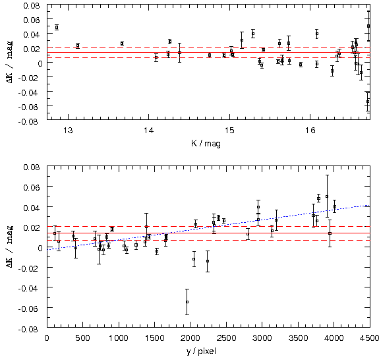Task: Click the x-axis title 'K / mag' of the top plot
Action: pyautogui.click(x=206, y=144)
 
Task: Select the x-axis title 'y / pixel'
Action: pyautogui.click(x=201, y=351)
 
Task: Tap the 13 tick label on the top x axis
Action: pyautogui.click(x=68, y=131)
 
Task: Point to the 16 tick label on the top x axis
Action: pyautogui.click(x=310, y=131)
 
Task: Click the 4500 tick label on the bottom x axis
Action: pyautogui.click(x=369, y=338)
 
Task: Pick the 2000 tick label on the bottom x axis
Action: pyautogui.click(x=190, y=338)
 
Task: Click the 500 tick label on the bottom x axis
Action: pyautogui.click(x=82, y=338)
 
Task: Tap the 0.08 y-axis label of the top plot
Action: pyautogui.click(x=32, y=5)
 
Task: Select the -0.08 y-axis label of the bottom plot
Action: pyautogui.click(x=28, y=329)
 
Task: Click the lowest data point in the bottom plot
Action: pyautogui.click(x=187, y=302)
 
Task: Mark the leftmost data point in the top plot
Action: pyautogui.click(x=57, y=27)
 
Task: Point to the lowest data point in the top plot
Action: pyautogui.click(x=368, y=102)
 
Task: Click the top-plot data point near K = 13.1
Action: pyautogui.click(x=78, y=45)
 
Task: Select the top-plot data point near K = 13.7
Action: pyautogui.click(x=122, y=44)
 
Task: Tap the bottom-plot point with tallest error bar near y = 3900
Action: pyautogui.click(x=327, y=196)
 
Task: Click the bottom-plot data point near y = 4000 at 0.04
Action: pyautogui.click(x=335, y=206)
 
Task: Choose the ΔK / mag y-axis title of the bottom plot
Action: pyautogui.click(x=10, y=247)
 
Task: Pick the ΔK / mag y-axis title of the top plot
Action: pyautogui.click(x=10, y=62)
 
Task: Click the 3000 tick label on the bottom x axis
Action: pyautogui.click(x=262, y=338)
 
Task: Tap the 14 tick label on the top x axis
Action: pyautogui.click(x=149, y=131)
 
